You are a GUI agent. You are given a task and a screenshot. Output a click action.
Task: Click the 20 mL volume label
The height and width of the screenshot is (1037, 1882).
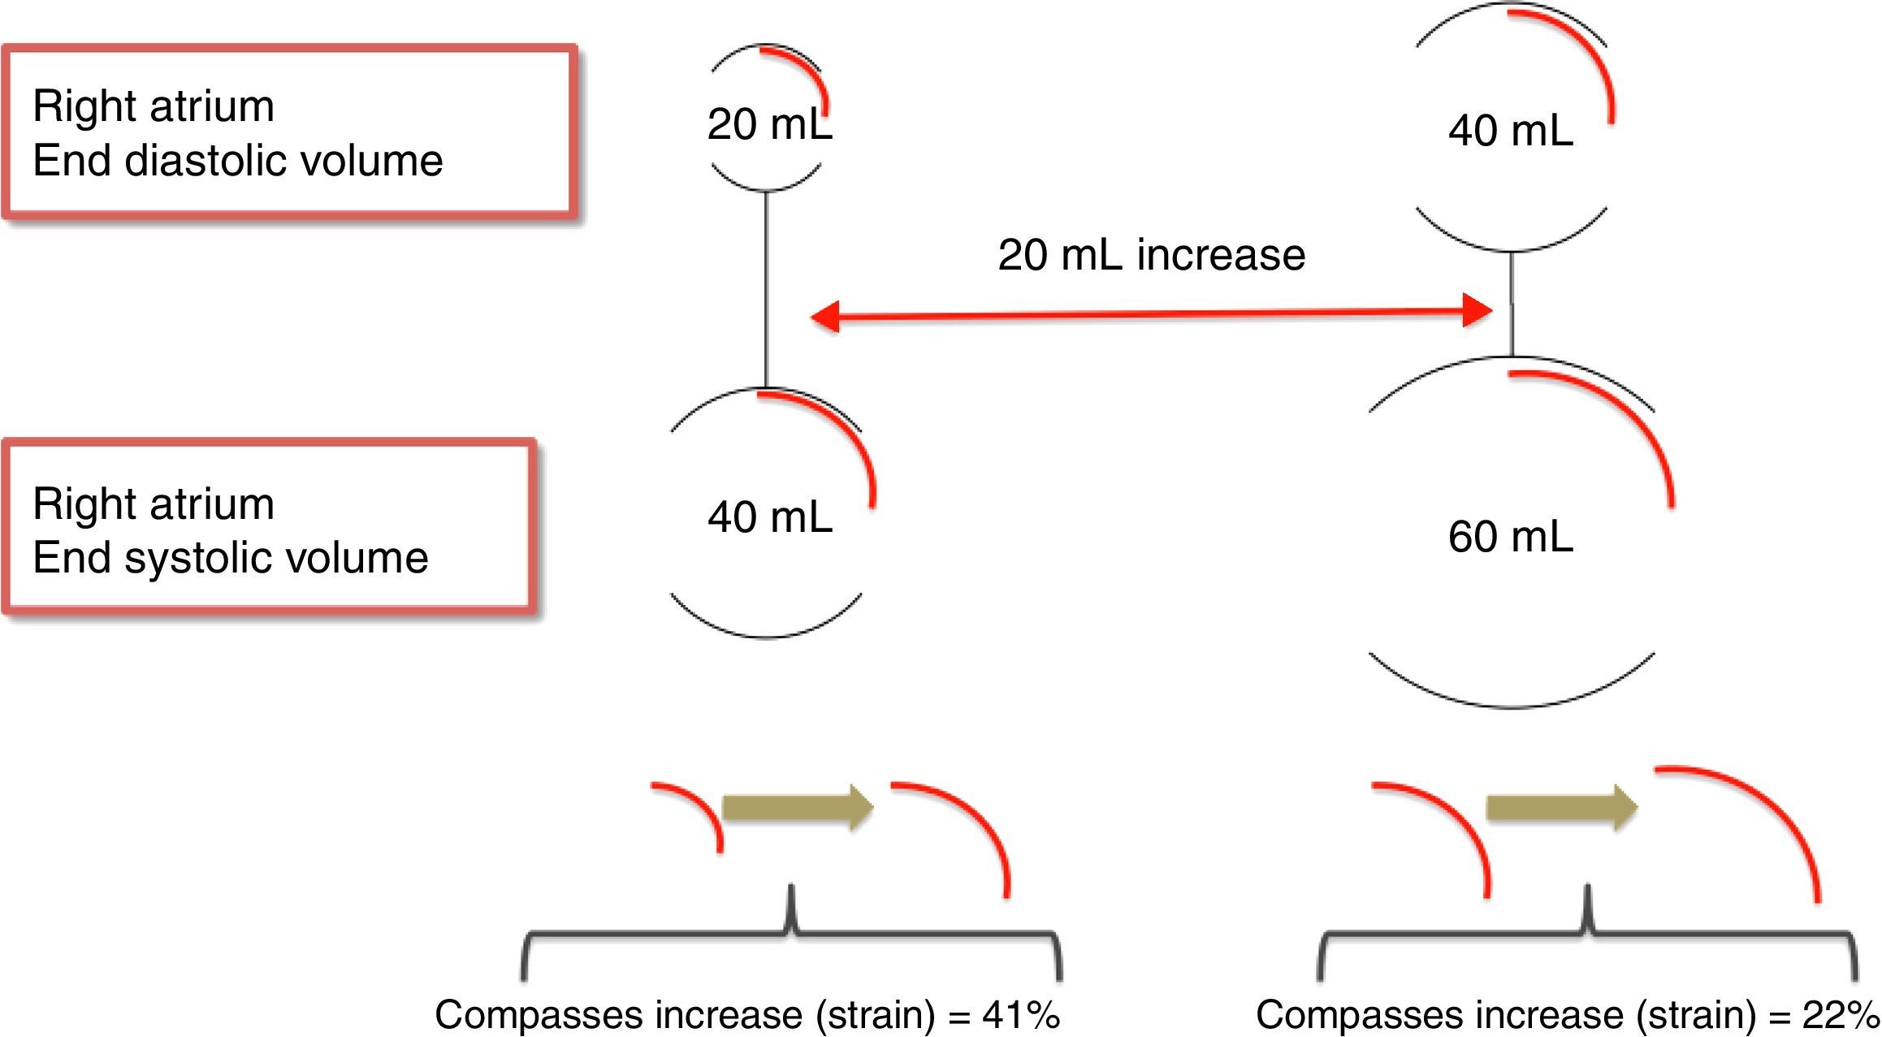(x=769, y=124)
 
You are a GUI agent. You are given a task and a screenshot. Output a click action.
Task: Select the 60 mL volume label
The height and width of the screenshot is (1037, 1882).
(x=1510, y=537)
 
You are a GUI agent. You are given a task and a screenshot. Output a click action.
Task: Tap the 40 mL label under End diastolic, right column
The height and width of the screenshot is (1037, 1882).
(x=1510, y=131)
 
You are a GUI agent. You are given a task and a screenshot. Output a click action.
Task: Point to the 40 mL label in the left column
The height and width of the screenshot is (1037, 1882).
(x=769, y=516)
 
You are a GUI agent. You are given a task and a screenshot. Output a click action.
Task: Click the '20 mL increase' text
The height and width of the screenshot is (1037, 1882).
(x=1151, y=254)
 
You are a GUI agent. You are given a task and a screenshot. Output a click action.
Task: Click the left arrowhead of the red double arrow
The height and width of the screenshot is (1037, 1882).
(x=826, y=317)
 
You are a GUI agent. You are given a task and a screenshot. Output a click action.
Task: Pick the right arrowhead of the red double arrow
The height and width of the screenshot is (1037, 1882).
(x=1477, y=310)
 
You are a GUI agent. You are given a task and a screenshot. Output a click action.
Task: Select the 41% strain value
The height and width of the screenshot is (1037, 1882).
(x=1020, y=1015)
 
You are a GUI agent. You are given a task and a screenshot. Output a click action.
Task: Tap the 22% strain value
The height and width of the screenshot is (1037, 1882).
(x=1841, y=1015)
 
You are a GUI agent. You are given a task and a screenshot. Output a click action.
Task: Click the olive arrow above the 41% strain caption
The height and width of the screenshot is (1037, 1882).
(x=796, y=807)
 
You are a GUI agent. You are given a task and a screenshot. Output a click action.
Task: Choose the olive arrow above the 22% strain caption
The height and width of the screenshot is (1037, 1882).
(x=1560, y=807)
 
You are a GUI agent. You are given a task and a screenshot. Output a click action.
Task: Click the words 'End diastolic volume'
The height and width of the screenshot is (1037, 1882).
(x=237, y=160)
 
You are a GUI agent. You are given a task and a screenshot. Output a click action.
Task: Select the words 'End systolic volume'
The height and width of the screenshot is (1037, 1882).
(x=230, y=557)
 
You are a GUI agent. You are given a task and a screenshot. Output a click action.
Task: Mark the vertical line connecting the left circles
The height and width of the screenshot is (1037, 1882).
(x=766, y=288)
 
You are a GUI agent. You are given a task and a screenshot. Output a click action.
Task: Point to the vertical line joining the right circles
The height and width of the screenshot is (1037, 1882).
(x=1511, y=305)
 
